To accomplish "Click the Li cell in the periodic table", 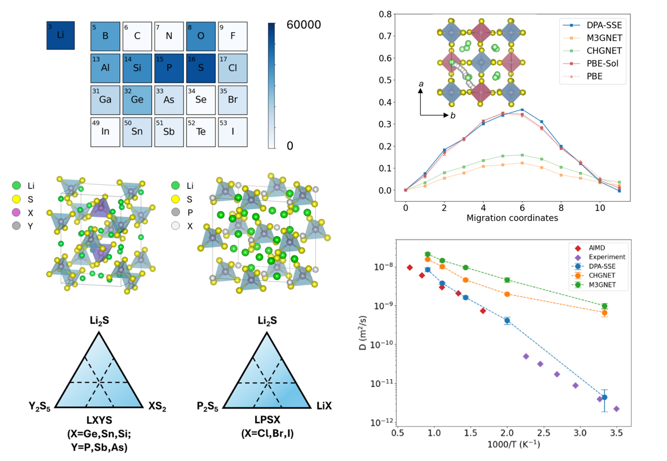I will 61,36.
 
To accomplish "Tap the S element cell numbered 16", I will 201,68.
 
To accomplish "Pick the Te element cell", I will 201,132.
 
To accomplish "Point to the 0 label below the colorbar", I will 290,145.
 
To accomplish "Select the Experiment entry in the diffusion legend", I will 606,256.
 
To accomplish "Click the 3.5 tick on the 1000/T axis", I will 616,434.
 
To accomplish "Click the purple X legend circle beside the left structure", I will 16,214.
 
